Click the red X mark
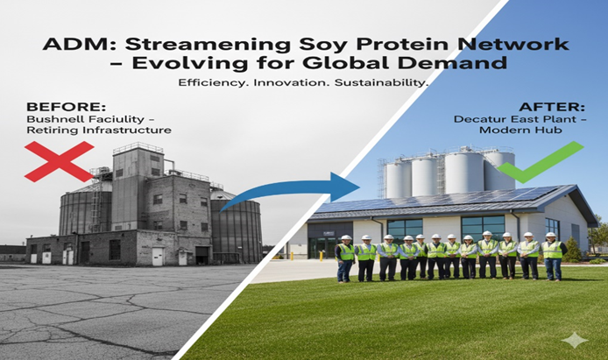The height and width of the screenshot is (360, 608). (58, 161)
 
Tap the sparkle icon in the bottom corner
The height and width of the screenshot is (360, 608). (575, 341)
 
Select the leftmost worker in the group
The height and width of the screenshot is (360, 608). (345, 258)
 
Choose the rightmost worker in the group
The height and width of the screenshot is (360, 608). (553, 256)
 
